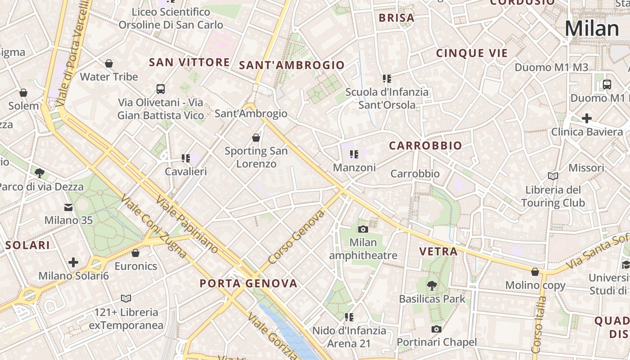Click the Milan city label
(x=592, y=29)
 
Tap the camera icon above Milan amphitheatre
(x=363, y=229)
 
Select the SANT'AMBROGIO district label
(x=292, y=65)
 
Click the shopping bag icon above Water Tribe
(x=108, y=63)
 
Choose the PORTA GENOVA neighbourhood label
(x=248, y=283)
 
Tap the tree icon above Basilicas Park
(x=432, y=285)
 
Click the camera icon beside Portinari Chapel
(x=436, y=329)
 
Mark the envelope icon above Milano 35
(x=68, y=207)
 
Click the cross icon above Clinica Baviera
(x=586, y=118)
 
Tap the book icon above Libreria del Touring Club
(x=553, y=176)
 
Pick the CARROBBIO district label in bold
(x=425, y=146)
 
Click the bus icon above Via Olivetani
(x=161, y=89)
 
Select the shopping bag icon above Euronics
(x=135, y=253)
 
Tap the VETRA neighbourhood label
(x=438, y=252)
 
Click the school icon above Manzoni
(x=354, y=154)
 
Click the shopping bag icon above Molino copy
(x=535, y=272)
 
